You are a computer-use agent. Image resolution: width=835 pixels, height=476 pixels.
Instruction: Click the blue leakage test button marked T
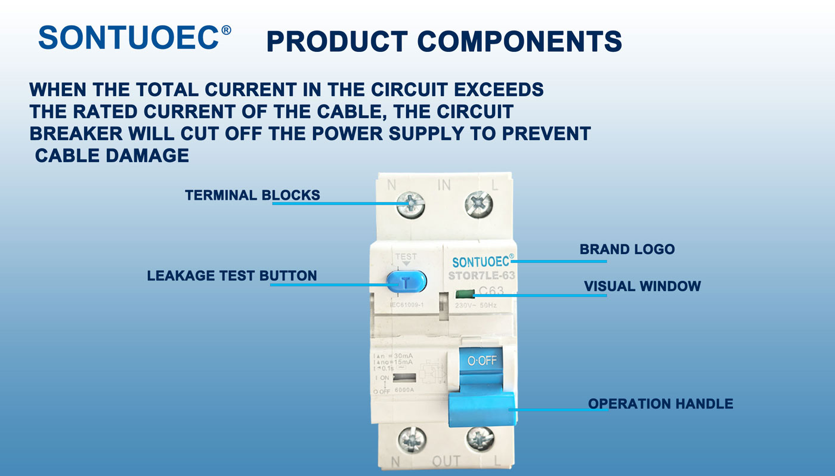406,282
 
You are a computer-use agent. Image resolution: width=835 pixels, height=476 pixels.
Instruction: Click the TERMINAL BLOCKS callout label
252,195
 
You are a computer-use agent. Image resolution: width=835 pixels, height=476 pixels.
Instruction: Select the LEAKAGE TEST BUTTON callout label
232,276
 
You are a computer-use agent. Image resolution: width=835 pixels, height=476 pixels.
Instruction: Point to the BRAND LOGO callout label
627,249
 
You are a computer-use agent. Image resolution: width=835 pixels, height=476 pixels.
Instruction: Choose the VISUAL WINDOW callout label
642,286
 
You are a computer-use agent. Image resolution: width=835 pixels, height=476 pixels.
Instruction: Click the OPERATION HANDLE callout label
660,404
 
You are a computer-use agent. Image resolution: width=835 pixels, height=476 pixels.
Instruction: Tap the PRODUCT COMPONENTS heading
444,41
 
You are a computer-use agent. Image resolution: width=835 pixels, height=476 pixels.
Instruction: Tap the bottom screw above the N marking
411,439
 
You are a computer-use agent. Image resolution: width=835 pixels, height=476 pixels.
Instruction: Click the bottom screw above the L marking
481,439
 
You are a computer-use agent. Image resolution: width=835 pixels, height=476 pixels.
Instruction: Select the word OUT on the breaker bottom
446,461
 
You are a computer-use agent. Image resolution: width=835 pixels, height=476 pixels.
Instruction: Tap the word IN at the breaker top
444,186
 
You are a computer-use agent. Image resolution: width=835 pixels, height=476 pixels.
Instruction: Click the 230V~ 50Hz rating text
475,305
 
